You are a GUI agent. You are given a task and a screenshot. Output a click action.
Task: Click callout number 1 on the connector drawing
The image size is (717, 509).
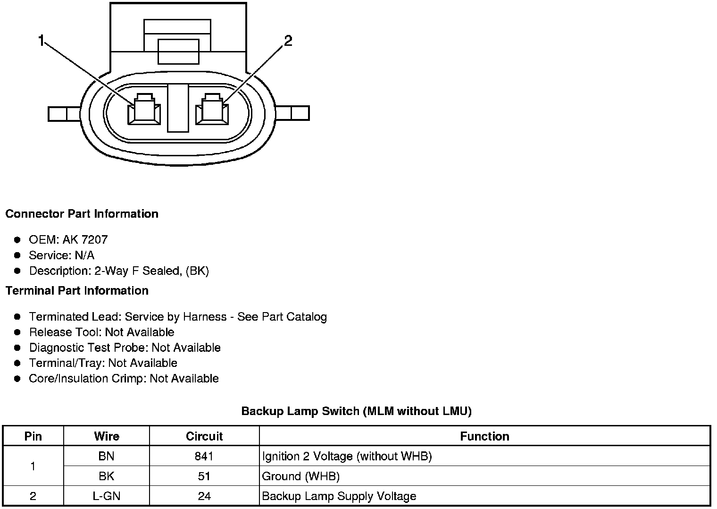pos(41,42)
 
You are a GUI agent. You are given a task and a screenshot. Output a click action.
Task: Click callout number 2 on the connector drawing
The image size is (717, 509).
pos(288,41)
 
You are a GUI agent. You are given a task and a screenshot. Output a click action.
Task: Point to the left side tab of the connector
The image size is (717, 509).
pos(65,114)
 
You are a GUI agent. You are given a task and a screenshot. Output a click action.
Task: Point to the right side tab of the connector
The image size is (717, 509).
pos(293,113)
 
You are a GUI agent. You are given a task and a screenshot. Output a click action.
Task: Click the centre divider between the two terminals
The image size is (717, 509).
pos(178,108)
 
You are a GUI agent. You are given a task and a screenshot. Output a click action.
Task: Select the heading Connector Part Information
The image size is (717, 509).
pos(82,214)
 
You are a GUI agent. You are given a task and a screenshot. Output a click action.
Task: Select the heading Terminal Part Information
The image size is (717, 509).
pos(77,291)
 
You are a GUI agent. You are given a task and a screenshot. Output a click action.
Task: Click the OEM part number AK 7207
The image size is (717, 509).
pos(85,240)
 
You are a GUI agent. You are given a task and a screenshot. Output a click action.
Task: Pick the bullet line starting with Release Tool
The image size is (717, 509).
pos(101,332)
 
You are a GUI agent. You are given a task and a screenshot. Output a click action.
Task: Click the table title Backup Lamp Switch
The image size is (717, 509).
pos(356,411)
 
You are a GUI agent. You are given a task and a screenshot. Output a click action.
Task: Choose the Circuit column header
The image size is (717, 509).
pos(204,436)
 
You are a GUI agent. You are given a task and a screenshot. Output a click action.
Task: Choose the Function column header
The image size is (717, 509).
pos(484,436)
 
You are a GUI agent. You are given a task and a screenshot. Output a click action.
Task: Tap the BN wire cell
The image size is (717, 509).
pos(107,456)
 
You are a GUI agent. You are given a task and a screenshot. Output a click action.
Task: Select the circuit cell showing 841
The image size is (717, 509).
pos(204,456)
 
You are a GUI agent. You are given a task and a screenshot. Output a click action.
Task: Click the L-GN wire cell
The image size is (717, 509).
pos(107,496)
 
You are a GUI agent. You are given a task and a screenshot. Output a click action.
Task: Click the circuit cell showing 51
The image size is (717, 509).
pos(204,476)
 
